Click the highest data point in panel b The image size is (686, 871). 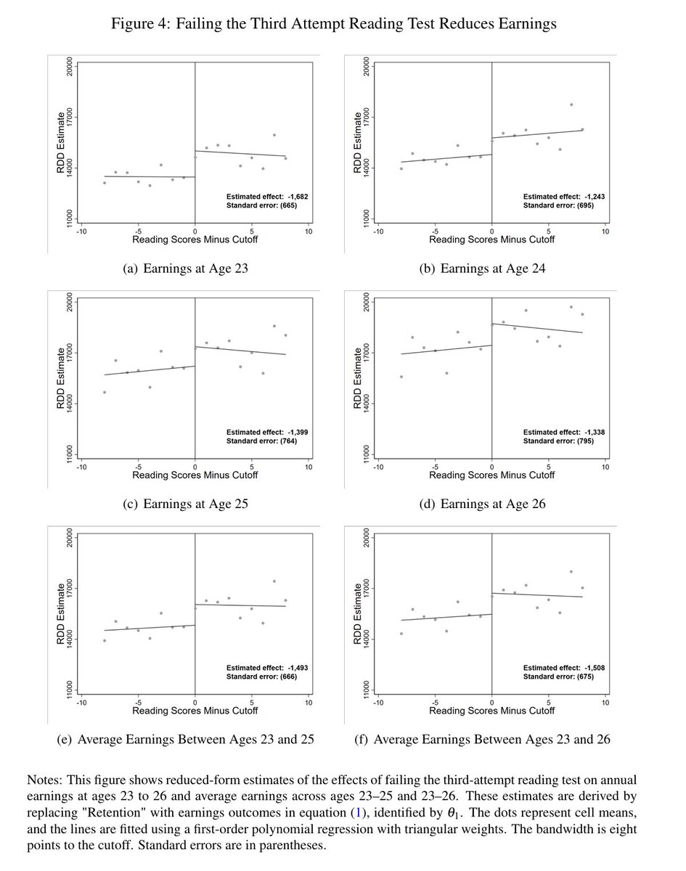click(x=571, y=105)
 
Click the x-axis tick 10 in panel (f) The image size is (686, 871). click(x=605, y=702)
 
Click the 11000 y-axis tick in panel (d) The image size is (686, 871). click(x=368, y=451)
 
